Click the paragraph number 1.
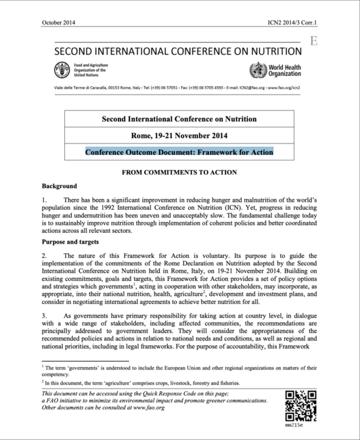(x=44, y=202)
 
